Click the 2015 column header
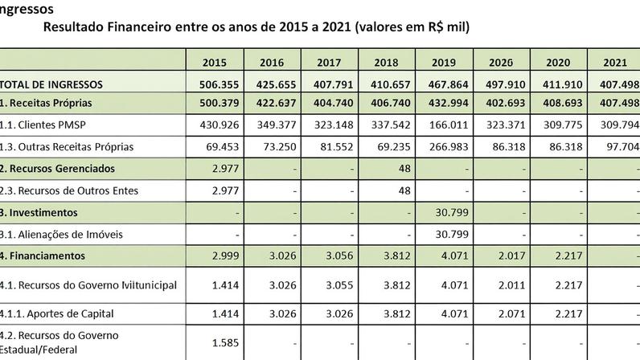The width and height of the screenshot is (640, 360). coord(215,62)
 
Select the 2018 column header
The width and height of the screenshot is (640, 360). coord(387,62)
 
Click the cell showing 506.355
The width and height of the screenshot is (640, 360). coord(215,84)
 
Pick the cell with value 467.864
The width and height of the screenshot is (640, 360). coord(444,84)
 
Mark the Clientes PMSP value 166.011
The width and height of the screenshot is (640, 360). coord(444,126)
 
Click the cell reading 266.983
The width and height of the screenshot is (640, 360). coord(444,148)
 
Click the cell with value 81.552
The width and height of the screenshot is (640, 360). coord(329,148)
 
